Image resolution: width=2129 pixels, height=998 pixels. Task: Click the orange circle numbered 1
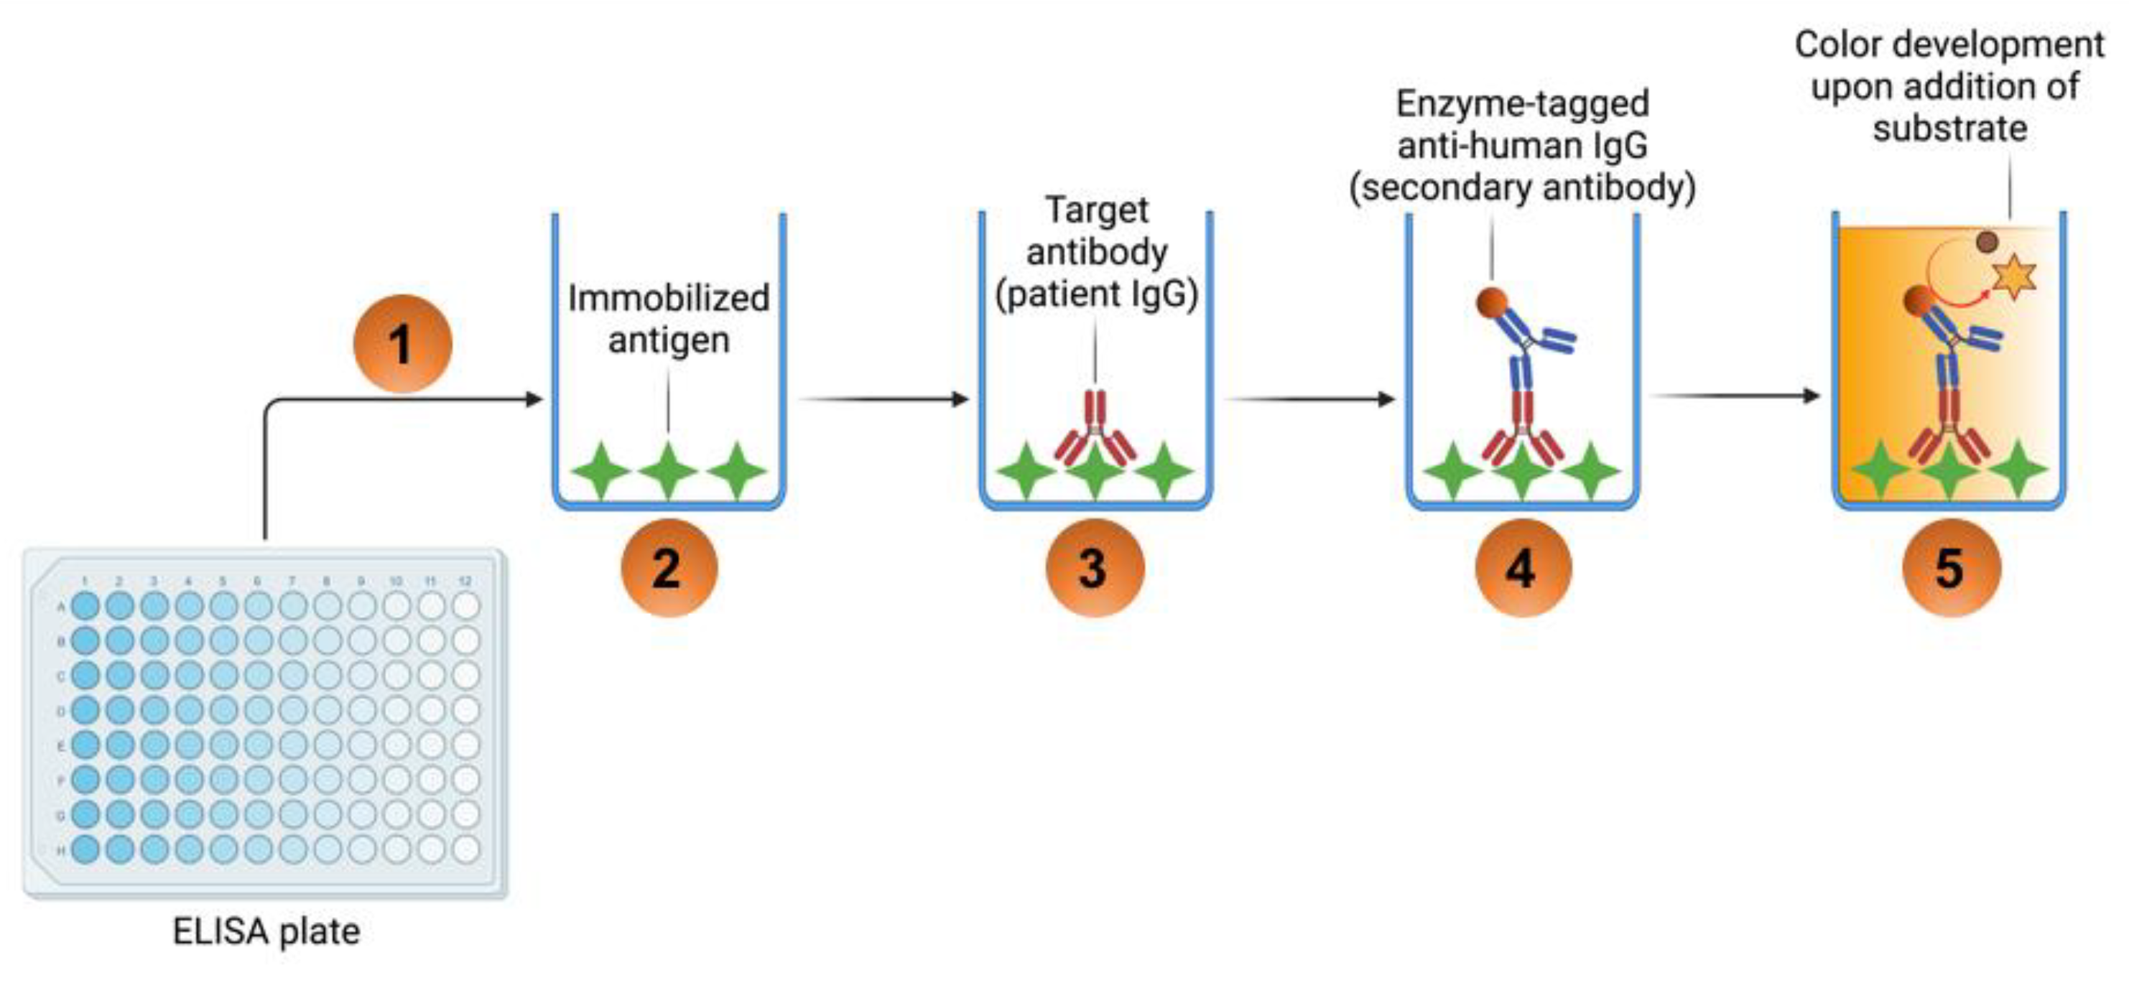tap(402, 343)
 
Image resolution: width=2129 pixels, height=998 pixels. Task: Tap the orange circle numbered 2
tap(669, 568)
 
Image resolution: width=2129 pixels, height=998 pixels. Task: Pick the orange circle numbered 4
tap(1523, 568)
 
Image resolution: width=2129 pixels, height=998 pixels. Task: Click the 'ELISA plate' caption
tap(266, 931)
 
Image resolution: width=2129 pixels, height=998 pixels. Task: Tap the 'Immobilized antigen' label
tap(669, 319)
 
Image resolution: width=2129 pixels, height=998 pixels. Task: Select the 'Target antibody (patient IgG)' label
tap(1097, 252)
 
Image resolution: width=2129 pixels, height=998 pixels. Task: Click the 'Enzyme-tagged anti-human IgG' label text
tap(1522, 125)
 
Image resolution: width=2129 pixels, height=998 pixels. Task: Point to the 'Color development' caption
tap(1949, 45)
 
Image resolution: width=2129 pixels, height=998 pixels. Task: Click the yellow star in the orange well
tap(2014, 276)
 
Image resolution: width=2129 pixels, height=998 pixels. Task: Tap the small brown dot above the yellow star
tap(1987, 242)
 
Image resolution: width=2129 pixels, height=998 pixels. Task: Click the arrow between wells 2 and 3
tap(883, 399)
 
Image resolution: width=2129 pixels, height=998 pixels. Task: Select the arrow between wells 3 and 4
tap(1310, 399)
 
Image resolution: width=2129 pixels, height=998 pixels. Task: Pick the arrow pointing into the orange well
tap(1735, 396)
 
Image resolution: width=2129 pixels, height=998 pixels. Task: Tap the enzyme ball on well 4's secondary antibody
tap(1492, 302)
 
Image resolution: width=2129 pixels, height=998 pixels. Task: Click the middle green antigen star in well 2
tap(668, 471)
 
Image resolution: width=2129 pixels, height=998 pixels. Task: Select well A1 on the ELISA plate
tap(85, 605)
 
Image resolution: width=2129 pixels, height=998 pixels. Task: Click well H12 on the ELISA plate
tap(466, 849)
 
